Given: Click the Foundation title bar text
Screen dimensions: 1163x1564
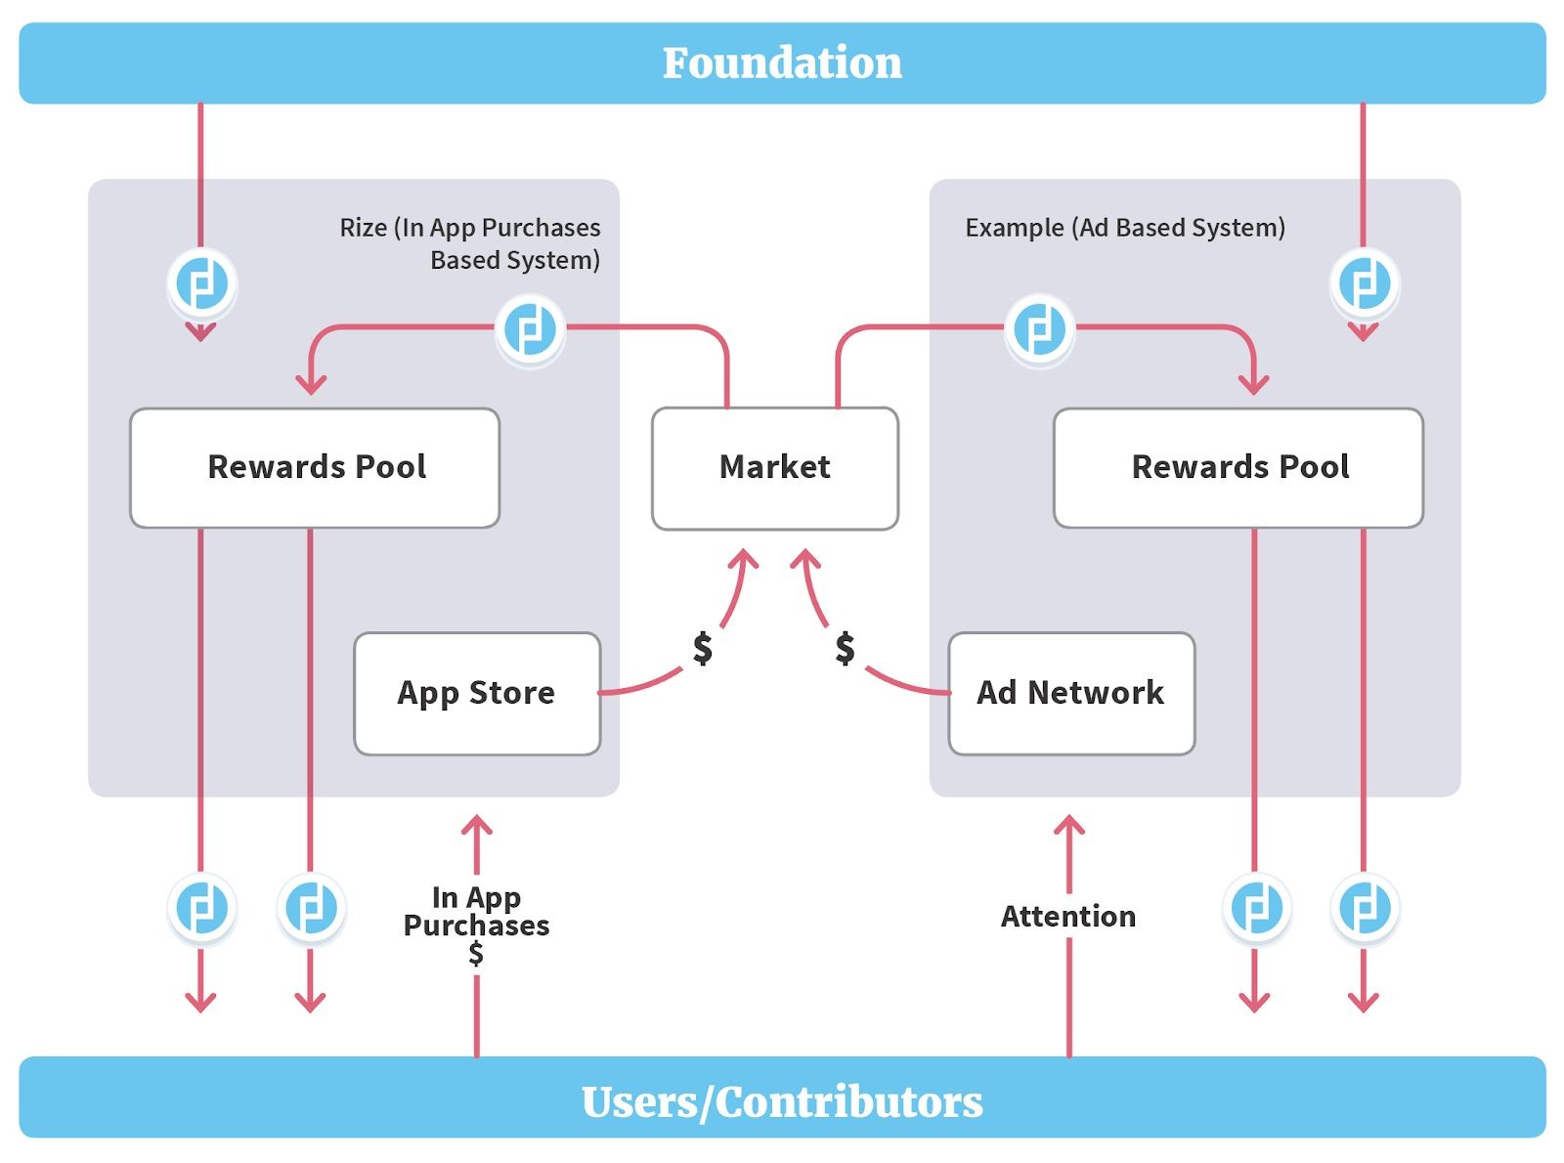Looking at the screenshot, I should (x=782, y=64).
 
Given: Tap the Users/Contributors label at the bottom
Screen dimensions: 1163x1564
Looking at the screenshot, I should (x=782, y=1101).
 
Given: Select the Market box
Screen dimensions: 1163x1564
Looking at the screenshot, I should (x=775, y=468).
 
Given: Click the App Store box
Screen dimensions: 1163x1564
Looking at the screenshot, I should (x=477, y=693).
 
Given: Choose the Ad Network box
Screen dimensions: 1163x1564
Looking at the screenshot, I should (x=1071, y=693).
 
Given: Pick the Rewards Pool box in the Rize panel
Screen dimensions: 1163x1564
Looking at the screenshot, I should (x=315, y=468).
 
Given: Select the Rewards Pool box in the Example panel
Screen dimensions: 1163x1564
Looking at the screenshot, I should (x=1238, y=468).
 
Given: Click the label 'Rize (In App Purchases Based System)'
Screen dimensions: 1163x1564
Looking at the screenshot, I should (x=470, y=243).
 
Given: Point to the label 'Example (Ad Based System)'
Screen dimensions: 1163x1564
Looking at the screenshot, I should (x=1125, y=228).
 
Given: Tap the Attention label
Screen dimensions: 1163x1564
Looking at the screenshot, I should (x=1068, y=917).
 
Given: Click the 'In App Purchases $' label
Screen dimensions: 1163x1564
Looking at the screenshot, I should (x=477, y=924).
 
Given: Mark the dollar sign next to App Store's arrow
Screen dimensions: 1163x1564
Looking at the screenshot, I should (x=703, y=648).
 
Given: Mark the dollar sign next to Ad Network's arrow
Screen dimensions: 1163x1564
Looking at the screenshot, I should (x=846, y=648).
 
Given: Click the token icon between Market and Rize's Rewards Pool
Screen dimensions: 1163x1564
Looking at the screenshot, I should (x=530, y=329).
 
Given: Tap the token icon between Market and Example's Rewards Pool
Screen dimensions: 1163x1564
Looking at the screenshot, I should (x=1039, y=329).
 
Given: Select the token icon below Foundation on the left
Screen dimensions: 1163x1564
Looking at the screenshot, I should (x=201, y=284).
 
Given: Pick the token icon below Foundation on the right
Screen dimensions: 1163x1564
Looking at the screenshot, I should (x=1365, y=284).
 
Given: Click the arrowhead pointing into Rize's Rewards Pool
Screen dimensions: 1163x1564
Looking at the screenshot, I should (x=311, y=384).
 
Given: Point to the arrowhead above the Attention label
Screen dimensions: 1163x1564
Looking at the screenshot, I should (x=1069, y=826).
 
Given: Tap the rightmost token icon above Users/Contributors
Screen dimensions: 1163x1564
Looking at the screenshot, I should (x=1365, y=908).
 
